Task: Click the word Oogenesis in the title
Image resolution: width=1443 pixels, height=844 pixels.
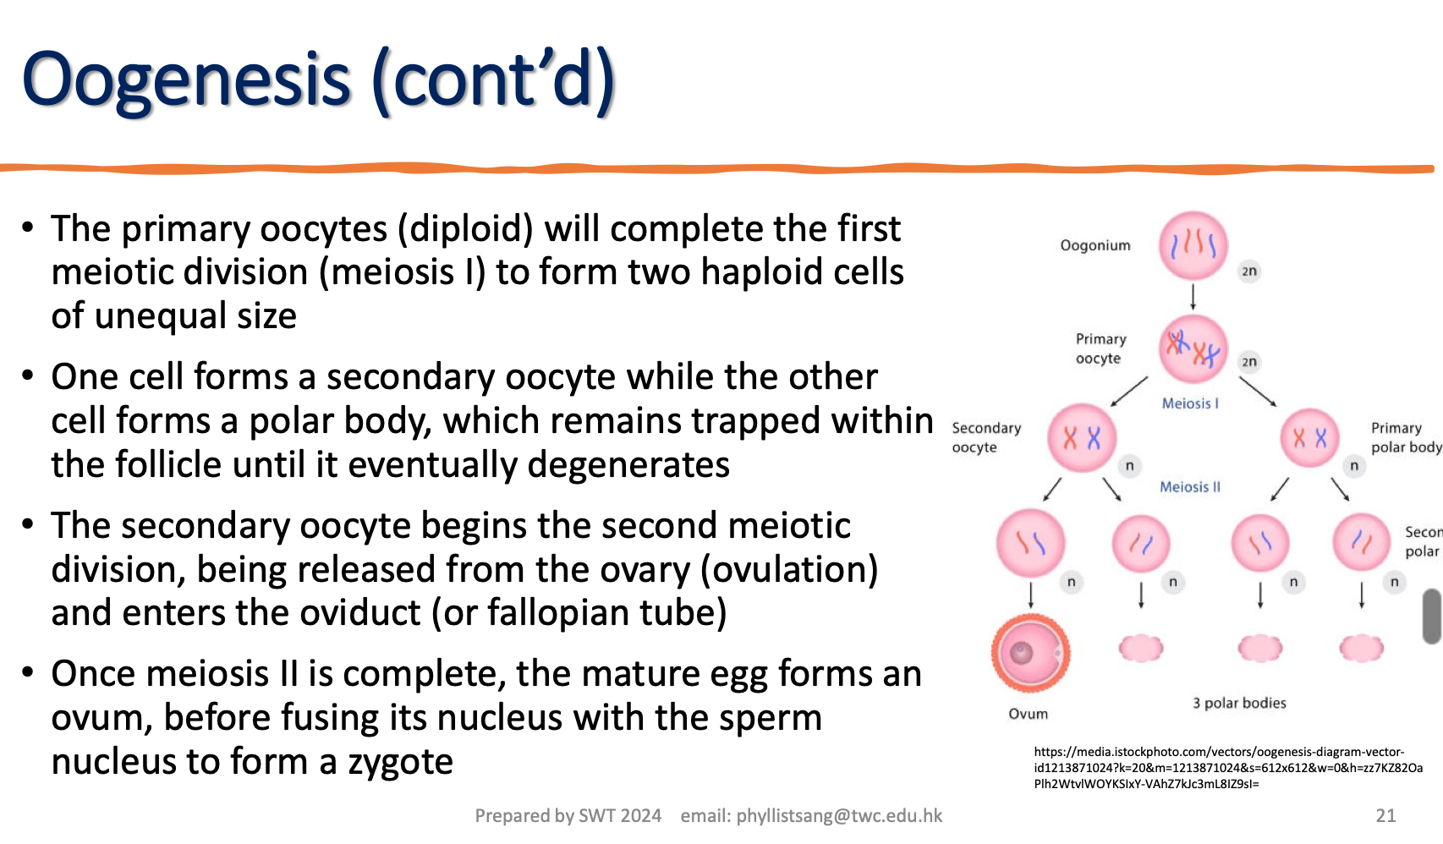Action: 186,79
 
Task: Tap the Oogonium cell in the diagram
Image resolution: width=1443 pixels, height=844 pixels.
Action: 1193,245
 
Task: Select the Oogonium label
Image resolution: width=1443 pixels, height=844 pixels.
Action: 1095,245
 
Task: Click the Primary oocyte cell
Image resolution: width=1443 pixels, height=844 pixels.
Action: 1193,349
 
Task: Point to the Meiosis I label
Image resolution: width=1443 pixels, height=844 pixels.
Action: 1189,403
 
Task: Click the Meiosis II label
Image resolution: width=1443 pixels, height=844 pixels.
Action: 1189,487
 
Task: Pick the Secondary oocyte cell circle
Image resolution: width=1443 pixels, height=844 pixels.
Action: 1081,437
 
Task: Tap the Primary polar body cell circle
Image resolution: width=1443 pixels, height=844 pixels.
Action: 1309,437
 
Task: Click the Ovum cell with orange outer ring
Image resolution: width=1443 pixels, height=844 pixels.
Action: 1030,653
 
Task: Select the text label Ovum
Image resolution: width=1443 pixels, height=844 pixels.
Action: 1028,714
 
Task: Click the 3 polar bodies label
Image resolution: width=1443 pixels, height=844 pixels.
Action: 1238,703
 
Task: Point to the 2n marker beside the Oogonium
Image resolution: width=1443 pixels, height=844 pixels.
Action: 1249,271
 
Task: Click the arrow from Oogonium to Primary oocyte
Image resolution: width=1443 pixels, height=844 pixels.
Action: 1193,297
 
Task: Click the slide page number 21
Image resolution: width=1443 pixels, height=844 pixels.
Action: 1385,815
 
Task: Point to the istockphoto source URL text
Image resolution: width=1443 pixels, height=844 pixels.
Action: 1226,767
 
